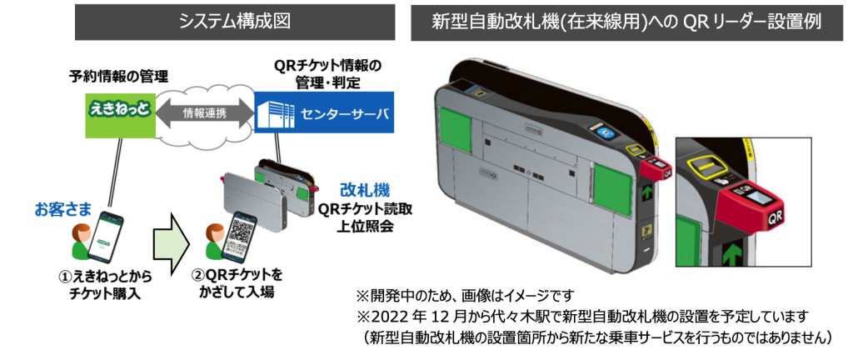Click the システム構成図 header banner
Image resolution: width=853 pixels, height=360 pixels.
click(x=235, y=22)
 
